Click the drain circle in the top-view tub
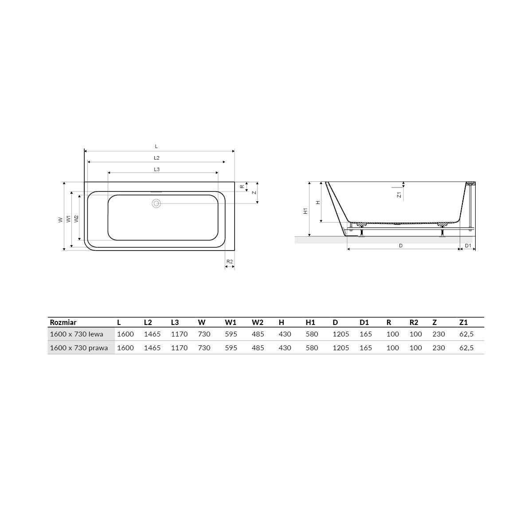[x=156, y=203]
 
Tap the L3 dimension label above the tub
[x=156, y=169]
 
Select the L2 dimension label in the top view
[x=156, y=158]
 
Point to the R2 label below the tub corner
[x=229, y=262]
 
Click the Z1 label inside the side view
[x=399, y=195]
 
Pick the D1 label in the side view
[x=468, y=246]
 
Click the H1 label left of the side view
[x=305, y=211]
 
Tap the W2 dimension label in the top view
[x=77, y=219]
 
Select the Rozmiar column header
[x=63, y=322]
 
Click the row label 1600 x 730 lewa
[x=76, y=334]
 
